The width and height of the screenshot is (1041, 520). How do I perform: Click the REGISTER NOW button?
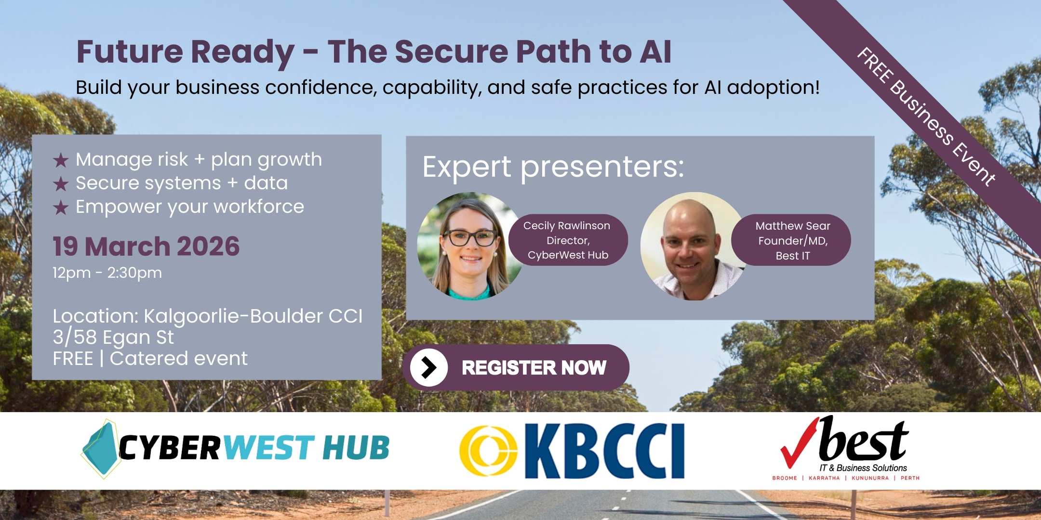[516, 367]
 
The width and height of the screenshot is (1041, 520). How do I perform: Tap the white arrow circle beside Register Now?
[428, 367]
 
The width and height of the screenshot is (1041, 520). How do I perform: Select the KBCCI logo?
[572, 451]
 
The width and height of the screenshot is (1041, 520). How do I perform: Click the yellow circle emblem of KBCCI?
[488, 450]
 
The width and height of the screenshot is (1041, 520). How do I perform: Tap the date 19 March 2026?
[146, 246]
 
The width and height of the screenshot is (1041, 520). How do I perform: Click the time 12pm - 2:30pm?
[107, 273]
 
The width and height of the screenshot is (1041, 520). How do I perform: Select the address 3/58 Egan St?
[113, 338]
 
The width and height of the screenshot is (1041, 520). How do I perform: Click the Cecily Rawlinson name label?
[568, 240]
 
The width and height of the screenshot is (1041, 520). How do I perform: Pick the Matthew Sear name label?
[791, 240]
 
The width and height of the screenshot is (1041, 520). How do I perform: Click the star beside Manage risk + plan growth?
[61, 160]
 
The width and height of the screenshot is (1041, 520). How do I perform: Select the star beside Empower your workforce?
[61, 208]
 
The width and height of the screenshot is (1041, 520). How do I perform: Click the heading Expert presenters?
[553, 168]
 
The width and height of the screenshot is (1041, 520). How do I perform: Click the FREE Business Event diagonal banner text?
[926, 117]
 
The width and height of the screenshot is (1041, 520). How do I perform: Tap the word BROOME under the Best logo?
[785, 478]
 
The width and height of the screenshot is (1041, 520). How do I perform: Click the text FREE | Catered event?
[150, 359]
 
